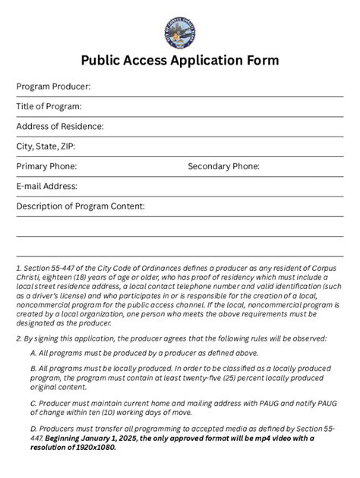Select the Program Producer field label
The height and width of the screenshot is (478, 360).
(53, 86)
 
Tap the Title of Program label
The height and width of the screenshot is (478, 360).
(49, 106)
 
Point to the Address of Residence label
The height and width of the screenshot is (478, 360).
(60, 126)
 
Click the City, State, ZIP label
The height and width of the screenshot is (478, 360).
(46, 146)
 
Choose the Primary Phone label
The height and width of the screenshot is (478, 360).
(46, 165)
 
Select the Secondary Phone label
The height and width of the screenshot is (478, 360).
(223, 165)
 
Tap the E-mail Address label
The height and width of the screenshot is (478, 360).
(47, 185)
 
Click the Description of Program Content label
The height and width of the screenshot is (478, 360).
(81, 206)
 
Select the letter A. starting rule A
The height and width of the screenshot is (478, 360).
(34, 353)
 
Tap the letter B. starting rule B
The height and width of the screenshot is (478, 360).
(34, 368)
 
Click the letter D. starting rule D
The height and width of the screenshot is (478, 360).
(34, 429)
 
